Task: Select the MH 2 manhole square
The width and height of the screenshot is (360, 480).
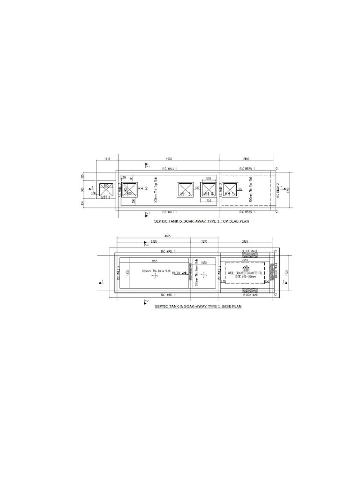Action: [129, 190]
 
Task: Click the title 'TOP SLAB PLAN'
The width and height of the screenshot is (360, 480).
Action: [202, 222]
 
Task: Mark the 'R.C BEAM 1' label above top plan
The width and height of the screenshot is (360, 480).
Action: [247, 168]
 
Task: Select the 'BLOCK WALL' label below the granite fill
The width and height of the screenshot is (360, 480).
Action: [249, 295]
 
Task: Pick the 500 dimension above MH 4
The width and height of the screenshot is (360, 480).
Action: [209, 178]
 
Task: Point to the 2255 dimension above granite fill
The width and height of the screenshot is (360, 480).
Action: [245, 260]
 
